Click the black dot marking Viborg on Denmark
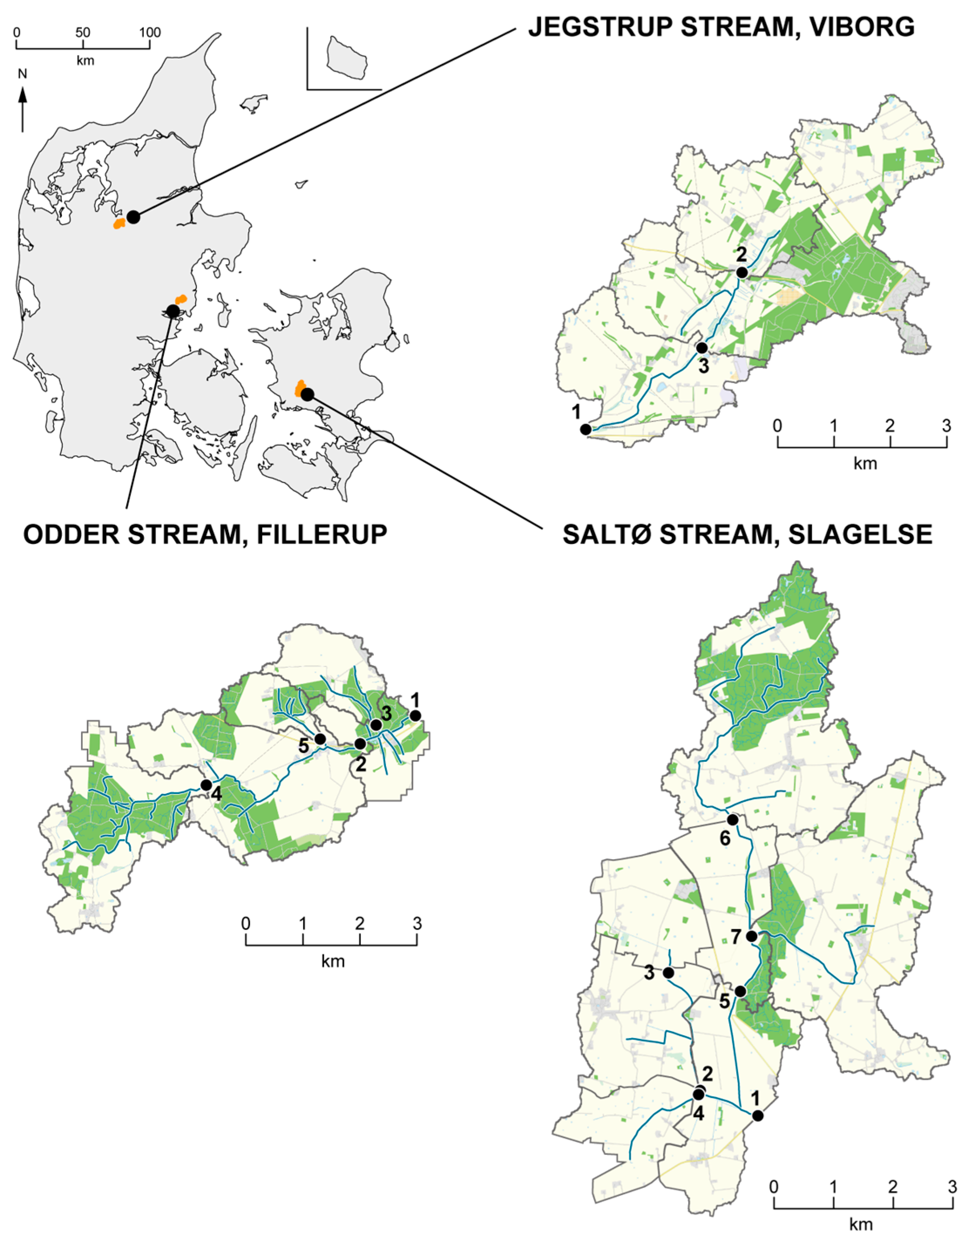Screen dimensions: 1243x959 pyautogui.click(x=133, y=217)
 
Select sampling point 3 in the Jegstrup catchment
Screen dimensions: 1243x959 pyautogui.click(x=702, y=348)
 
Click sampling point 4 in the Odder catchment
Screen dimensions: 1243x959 pyautogui.click(x=206, y=785)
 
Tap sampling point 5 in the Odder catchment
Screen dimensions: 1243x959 pyautogui.click(x=320, y=739)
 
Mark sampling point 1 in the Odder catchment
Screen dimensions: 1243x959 pyautogui.click(x=415, y=716)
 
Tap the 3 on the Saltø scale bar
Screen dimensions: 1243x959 pyautogui.click(x=951, y=1188)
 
